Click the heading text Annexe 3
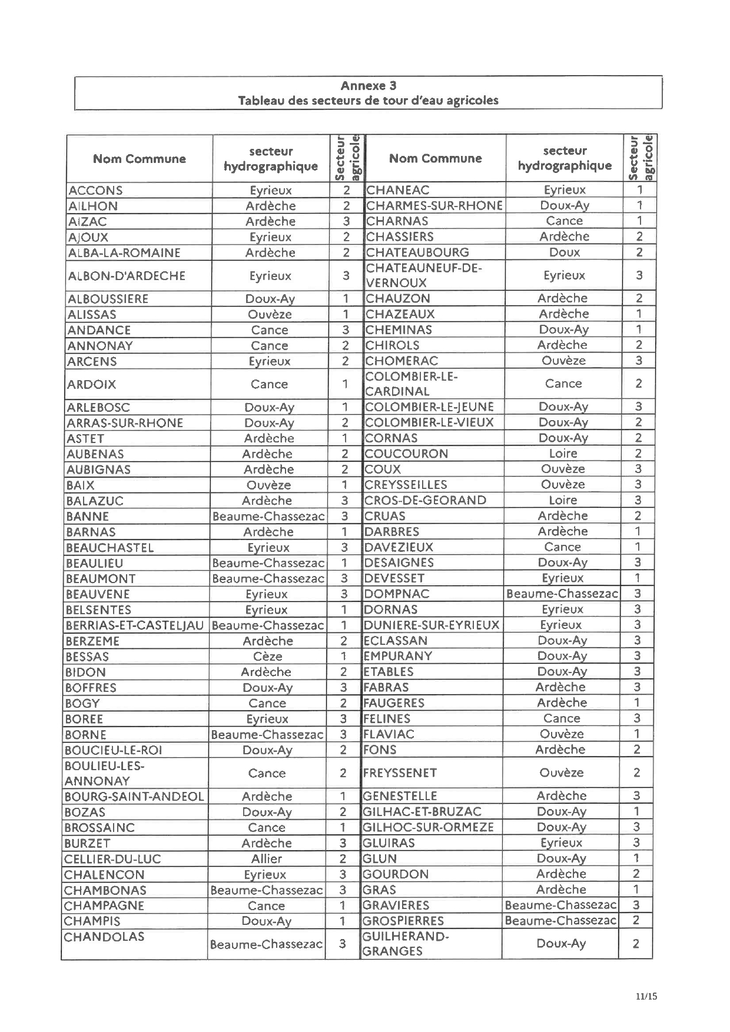point(368,85)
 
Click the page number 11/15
point(646,996)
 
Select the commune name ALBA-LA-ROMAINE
point(124,253)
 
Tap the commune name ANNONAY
point(100,346)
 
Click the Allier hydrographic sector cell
point(267,859)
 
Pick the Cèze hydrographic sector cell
point(267,657)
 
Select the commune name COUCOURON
point(406,454)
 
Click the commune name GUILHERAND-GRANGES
point(406,944)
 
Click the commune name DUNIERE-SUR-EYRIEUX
point(432,625)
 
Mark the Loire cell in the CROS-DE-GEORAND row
point(563,500)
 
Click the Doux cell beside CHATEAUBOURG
point(564,252)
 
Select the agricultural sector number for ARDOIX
point(346,384)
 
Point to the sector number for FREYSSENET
point(636,773)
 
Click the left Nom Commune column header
point(140,159)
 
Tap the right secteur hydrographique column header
point(565,158)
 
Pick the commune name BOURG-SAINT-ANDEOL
point(134,797)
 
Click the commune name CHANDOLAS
point(104,937)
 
